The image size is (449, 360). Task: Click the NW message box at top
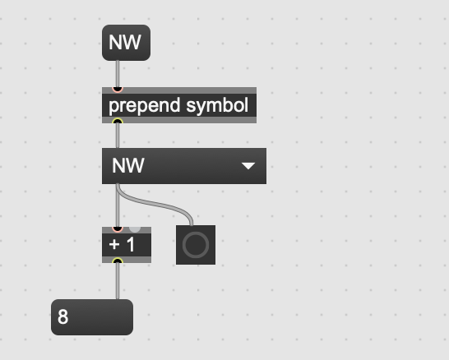127,43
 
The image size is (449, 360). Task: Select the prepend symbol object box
179,105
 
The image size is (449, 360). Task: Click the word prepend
145,106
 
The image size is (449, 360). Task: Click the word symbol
217,106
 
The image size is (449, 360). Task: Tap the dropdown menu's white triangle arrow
248,166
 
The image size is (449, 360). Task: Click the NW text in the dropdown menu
127,166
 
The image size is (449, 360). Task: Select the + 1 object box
127,245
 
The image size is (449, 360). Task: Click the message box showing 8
92,317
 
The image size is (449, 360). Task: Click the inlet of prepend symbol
118,90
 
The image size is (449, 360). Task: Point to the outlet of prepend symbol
118,121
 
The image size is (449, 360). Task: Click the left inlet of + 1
118,229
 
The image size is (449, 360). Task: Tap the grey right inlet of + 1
135,229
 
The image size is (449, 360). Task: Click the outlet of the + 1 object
118,261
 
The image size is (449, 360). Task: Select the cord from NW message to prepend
118,74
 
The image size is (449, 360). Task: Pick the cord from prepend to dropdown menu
118,136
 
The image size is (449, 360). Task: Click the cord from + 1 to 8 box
118,281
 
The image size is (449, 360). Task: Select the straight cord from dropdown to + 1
118,205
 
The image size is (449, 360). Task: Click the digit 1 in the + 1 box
131,245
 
